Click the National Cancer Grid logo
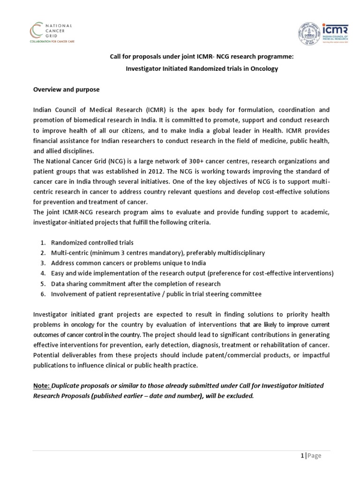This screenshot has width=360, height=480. click(52, 32)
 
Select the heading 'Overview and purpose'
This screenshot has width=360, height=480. click(66, 89)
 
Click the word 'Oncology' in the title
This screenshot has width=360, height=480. click(263, 68)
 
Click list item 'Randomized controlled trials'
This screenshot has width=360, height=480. click(92, 242)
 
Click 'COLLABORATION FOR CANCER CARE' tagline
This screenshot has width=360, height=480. click(52, 42)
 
